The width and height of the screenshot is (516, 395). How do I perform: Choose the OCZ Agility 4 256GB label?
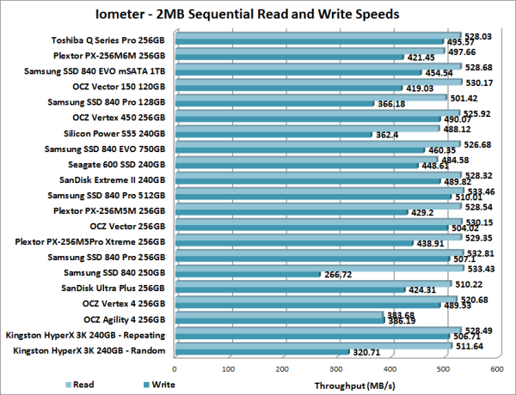click(120, 319)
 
